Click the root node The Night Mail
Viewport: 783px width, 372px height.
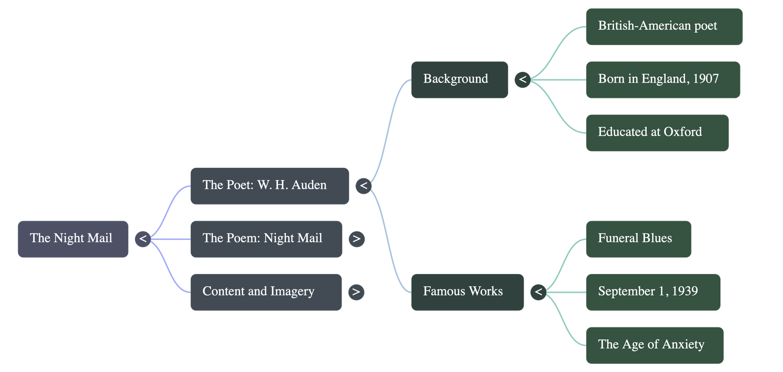pyautogui.click(x=73, y=239)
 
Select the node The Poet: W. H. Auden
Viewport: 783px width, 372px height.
pyautogui.click(x=269, y=186)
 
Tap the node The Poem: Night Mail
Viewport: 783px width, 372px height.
pyautogui.click(x=266, y=239)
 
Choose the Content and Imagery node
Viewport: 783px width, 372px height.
pyautogui.click(x=265, y=292)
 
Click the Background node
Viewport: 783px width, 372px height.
pyautogui.click(x=459, y=79)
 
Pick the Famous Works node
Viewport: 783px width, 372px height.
pyautogui.click(x=467, y=292)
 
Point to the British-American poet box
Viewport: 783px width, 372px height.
pyautogui.click(x=664, y=26)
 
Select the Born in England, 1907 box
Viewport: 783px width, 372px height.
pyautogui.click(x=663, y=79)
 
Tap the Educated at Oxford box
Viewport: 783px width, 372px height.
pyautogui.click(x=657, y=133)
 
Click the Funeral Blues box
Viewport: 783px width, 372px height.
pyautogui.click(x=638, y=239)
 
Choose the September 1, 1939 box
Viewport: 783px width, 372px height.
pyautogui.click(x=653, y=292)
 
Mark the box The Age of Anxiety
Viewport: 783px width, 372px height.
pyautogui.click(x=654, y=345)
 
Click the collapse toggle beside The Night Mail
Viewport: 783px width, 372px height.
pyautogui.click(x=143, y=239)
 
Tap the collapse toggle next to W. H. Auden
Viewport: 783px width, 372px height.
pyautogui.click(x=363, y=186)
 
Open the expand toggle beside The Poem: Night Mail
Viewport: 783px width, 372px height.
pyautogui.click(x=356, y=239)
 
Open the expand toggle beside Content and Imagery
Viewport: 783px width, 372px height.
pyautogui.click(x=356, y=292)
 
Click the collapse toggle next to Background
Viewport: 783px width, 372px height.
pyautogui.click(x=522, y=79)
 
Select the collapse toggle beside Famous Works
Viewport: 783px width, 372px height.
pyautogui.click(x=538, y=292)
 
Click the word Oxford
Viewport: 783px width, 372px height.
pyautogui.click(x=683, y=132)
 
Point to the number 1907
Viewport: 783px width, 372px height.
pyautogui.click(x=706, y=79)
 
